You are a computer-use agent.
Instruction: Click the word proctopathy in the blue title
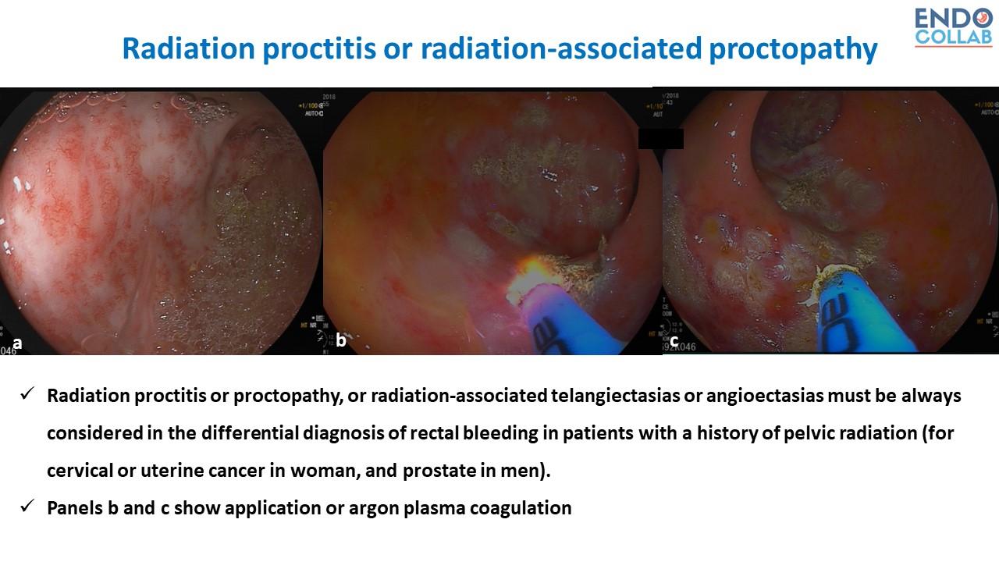(793, 49)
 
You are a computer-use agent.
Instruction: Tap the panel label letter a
(17, 342)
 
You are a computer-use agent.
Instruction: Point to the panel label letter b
(341, 341)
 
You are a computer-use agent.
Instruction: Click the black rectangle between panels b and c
(660, 139)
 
